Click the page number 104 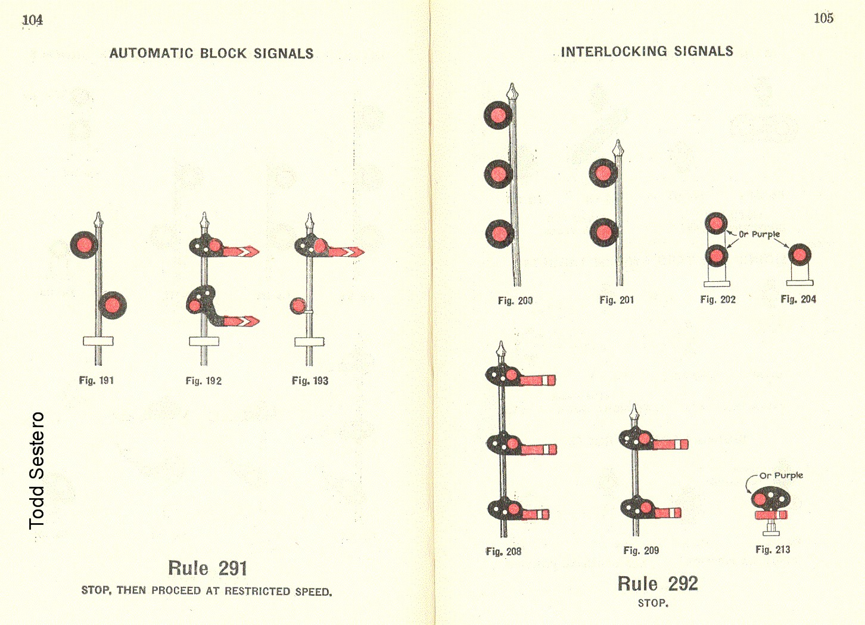tap(32, 20)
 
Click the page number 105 tap(823, 18)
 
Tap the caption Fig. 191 tap(96, 380)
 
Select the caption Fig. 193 tap(310, 381)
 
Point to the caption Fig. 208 tap(503, 552)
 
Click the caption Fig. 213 tap(773, 549)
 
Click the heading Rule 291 tap(207, 568)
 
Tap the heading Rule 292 tap(657, 584)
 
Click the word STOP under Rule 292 tap(653, 603)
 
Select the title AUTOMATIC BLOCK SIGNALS tap(211, 53)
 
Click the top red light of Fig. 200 tap(498, 115)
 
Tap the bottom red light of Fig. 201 tap(603, 232)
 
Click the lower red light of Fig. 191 tap(112, 306)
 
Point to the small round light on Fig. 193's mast tap(297, 306)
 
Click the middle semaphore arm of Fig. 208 tap(538, 449)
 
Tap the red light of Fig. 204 tap(799, 256)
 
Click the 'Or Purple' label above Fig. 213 tap(781, 475)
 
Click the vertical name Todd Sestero tap(37, 470)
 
